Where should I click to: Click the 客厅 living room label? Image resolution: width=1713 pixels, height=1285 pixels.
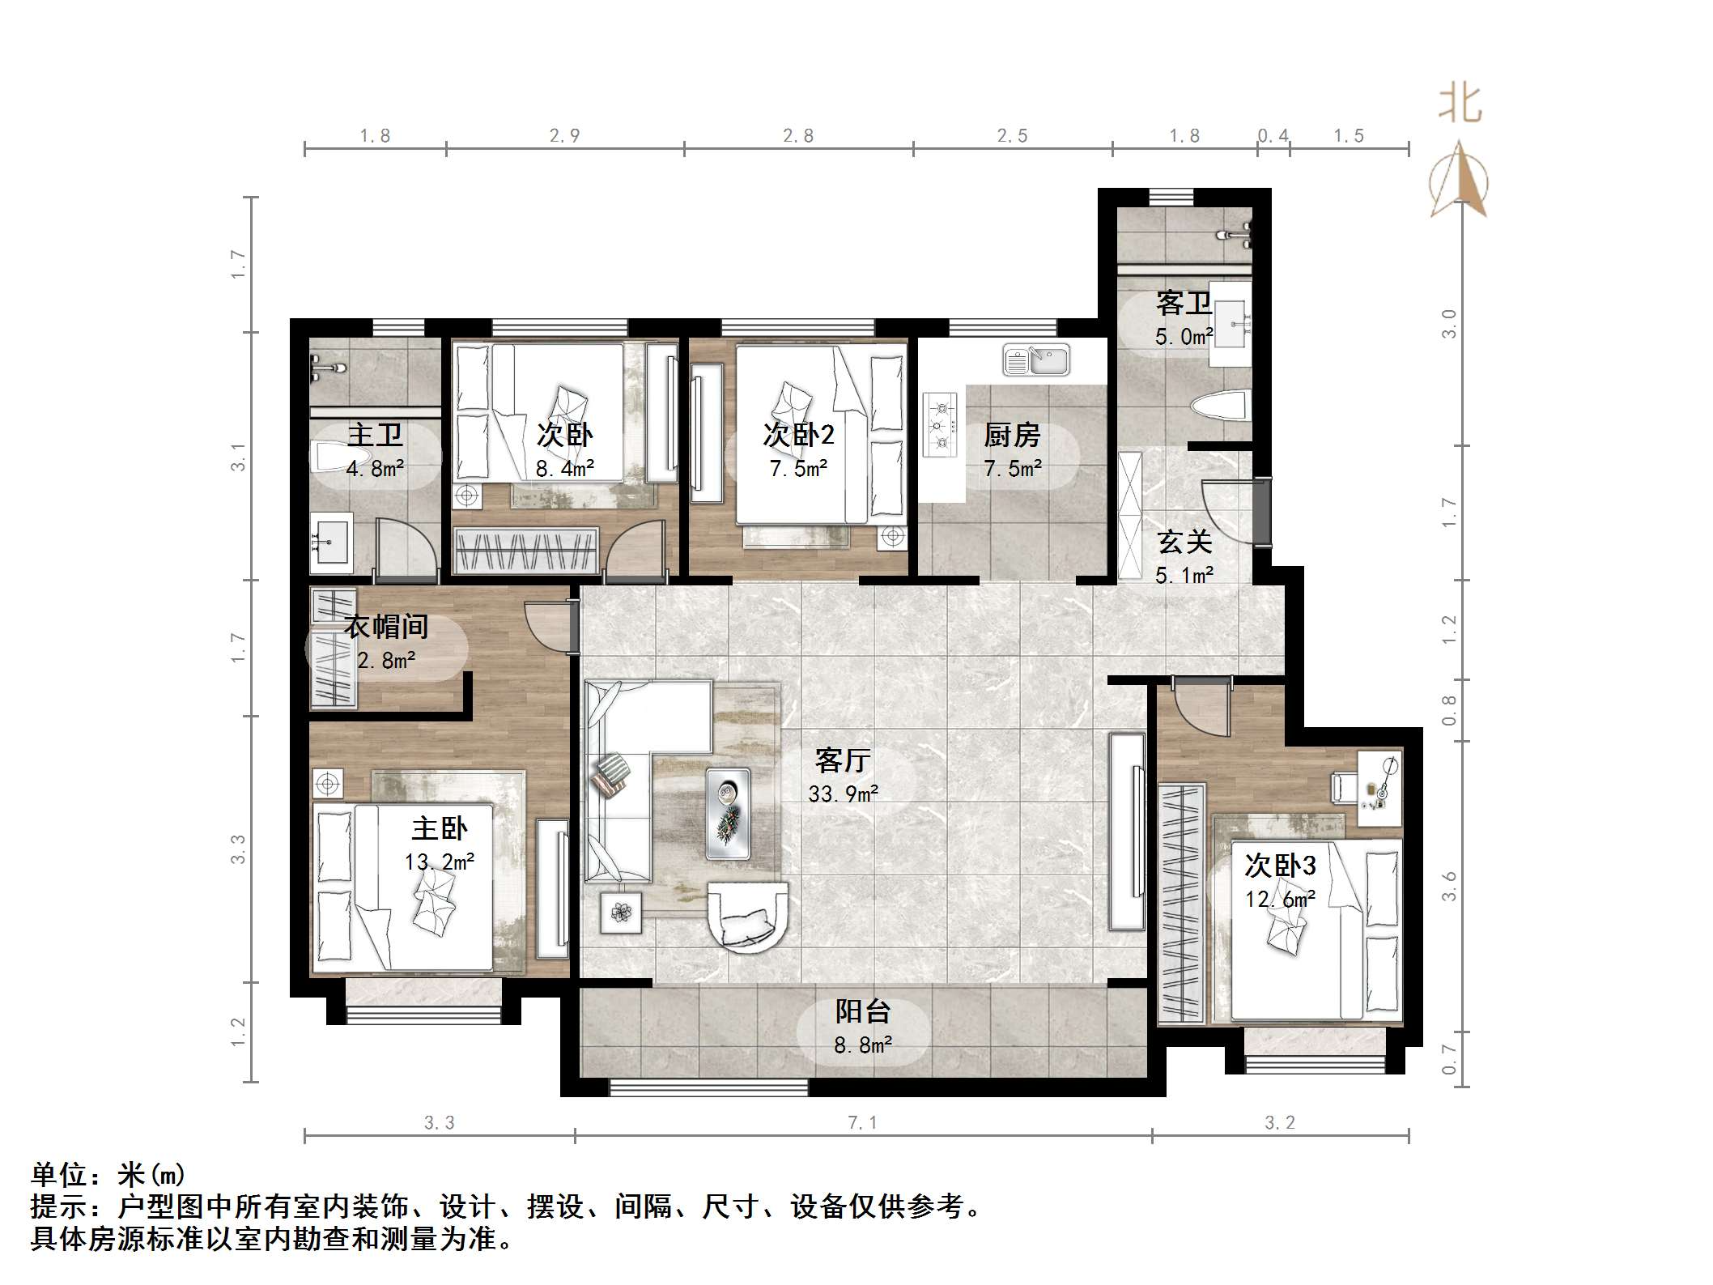pos(842,760)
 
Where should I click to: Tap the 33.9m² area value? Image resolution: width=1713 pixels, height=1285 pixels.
pos(844,794)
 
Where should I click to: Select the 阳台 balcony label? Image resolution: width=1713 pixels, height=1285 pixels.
pos(863,1011)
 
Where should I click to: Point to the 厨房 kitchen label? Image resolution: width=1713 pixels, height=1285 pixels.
pos(1012,435)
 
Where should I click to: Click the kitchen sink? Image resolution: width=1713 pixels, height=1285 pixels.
pos(1036,360)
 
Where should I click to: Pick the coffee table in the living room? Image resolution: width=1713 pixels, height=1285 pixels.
pos(728,813)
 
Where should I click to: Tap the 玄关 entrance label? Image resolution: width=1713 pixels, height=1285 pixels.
pos(1184,541)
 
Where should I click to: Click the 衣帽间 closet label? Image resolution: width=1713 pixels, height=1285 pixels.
pos(386,626)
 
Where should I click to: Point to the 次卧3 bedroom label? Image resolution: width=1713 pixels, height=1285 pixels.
pos(1280,866)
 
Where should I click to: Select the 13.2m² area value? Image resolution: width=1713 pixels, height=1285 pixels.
pos(440,862)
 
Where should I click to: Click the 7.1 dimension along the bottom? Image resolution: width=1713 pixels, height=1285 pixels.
pos(862,1123)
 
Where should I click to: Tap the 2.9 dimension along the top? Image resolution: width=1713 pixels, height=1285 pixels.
pos(564,136)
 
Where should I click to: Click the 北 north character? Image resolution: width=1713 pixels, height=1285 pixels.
pos(1460,105)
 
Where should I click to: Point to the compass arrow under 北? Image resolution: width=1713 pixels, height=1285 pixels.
pos(1459,180)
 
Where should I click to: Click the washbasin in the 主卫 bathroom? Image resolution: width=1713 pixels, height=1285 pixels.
pos(331,538)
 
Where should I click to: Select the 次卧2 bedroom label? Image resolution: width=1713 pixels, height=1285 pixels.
pos(798,435)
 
